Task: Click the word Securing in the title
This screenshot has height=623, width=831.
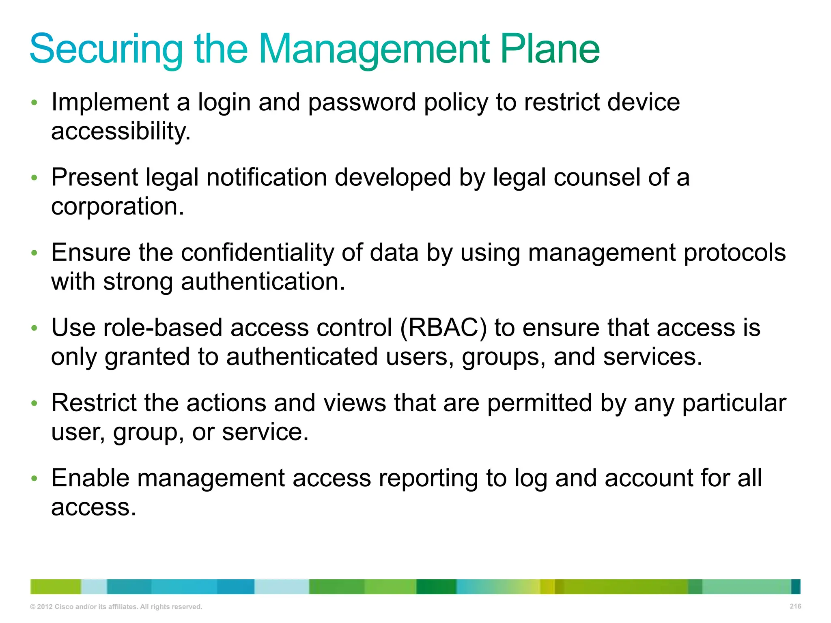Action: tap(106, 49)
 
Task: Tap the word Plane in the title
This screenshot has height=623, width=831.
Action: tap(550, 49)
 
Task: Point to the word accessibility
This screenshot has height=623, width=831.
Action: tap(121, 131)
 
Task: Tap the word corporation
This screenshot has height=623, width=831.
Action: tap(118, 207)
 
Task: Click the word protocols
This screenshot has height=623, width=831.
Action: tap(735, 253)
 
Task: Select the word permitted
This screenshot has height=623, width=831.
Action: tap(539, 403)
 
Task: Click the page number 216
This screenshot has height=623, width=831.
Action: tap(795, 606)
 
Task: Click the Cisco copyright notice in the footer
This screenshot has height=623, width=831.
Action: tap(116, 607)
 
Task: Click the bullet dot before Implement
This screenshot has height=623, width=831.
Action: tap(34, 103)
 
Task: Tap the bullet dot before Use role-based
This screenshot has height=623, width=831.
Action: tap(34, 328)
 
